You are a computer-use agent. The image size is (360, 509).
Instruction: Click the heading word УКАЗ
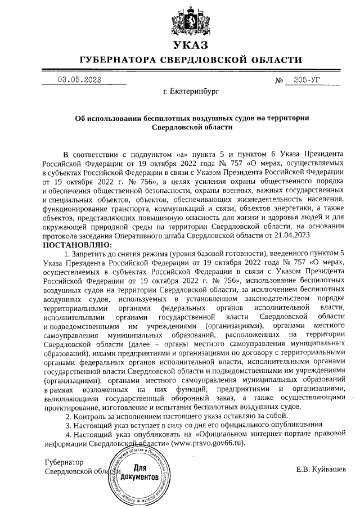(x=191, y=46)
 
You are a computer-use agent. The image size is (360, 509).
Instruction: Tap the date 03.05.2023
(x=80, y=80)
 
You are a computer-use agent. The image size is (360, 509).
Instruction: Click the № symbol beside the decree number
(x=278, y=80)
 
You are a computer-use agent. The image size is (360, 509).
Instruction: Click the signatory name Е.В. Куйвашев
(x=321, y=470)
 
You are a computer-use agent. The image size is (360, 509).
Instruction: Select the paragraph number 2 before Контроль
(x=68, y=416)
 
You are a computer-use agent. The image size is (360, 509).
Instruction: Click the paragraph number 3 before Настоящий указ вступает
(x=68, y=425)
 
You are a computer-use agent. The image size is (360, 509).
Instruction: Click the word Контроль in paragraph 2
(x=90, y=416)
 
